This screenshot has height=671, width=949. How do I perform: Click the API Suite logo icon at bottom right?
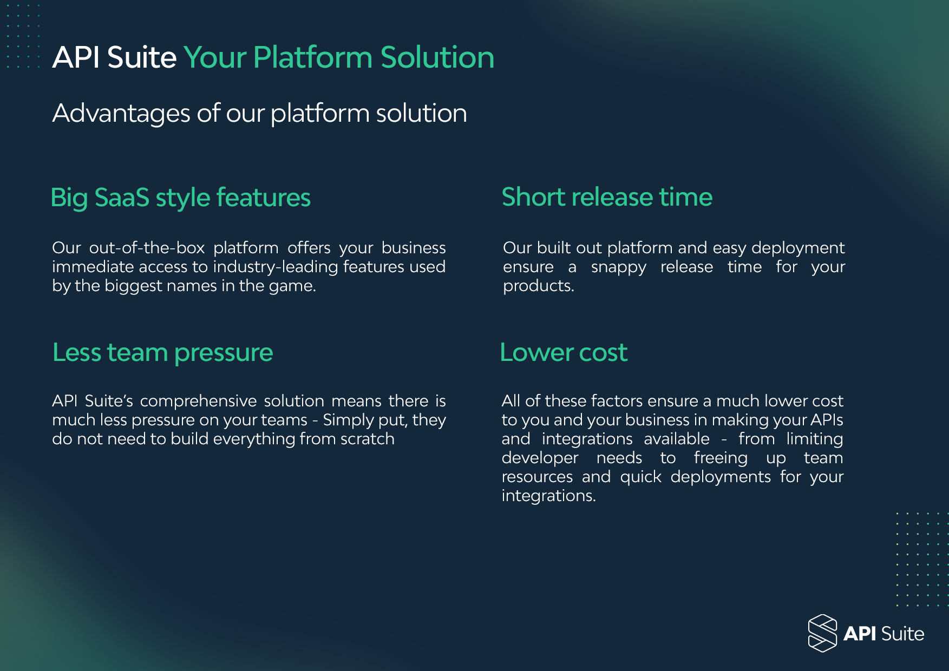[x=822, y=633]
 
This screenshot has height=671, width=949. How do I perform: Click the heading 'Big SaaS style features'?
[x=180, y=198]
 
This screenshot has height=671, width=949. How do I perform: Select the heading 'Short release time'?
[x=607, y=197]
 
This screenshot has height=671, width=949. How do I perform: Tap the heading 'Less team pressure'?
[x=162, y=353]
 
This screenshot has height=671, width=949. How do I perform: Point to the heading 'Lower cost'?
[x=564, y=353]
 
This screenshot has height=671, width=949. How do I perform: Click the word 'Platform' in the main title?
[x=313, y=57]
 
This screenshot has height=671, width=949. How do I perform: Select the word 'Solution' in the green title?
[x=437, y=57]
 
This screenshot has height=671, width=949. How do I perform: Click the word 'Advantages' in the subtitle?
[x=121, y=114]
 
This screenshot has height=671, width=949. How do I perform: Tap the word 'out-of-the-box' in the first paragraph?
[x=147, y=248]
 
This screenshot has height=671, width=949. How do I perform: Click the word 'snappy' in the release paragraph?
[x=618, y=267]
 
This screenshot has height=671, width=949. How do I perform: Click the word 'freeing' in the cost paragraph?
[x=720, y=458]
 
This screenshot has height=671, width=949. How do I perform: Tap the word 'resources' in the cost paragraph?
[x=537, y=477]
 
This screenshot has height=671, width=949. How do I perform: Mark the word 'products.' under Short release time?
[x=538, y=286]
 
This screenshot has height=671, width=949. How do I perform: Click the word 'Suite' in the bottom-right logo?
[x=902, y=634]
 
